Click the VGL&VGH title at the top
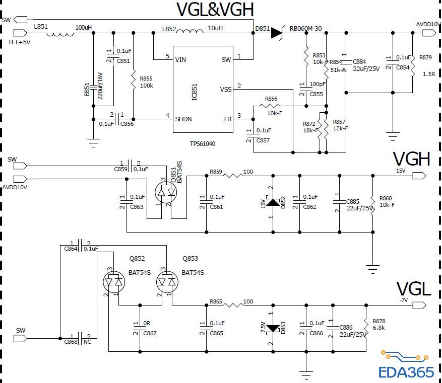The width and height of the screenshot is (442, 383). pos(215,10)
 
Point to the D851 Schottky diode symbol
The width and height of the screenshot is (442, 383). pos(277,33)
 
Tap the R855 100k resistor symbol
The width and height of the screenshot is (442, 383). pos(133,79)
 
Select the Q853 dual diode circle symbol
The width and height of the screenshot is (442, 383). pos(166,282)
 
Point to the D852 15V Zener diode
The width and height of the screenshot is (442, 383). pos(273,203)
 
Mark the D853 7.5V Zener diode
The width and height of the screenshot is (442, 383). pos(273,328)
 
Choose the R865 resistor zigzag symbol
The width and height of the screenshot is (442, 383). pos(233,305)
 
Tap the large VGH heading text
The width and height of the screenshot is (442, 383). pos(411,160)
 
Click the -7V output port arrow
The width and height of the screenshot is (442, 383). pos(420,305)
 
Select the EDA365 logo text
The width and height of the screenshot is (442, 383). pos(406,372)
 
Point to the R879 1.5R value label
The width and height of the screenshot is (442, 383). pos(429,74)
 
